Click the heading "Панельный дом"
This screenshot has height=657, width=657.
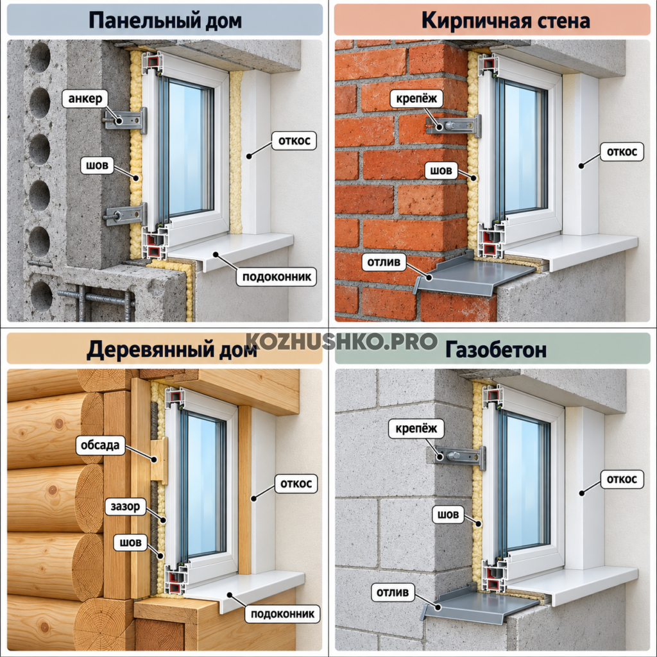pos(165,21)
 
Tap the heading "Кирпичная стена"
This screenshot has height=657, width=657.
pos(506,20)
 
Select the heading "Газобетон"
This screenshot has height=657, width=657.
pos(496,350)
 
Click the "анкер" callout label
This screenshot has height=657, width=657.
pos(85,98)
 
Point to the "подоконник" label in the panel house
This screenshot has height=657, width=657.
pos(277,277)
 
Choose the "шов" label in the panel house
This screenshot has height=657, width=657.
pos(98,165)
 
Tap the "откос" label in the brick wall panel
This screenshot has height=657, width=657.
pos(622,151)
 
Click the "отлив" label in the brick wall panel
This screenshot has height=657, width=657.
pos(384,262)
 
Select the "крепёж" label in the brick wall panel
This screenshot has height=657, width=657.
pos(416,98)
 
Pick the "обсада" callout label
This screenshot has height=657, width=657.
pos(100,445)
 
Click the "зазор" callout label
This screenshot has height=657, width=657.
pos(125,507)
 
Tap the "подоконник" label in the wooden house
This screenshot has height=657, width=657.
pos(282,614)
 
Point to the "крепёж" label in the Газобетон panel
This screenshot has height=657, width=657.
pos(416,429)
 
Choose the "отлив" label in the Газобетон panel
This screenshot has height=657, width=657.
pos(393,592)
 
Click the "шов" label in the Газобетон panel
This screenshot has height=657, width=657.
pos(448,515)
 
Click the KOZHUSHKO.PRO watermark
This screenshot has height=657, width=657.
pos(341,341)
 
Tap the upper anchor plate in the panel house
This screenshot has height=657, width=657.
pos(125,120)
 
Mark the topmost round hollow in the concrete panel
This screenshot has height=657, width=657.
pos(40,57)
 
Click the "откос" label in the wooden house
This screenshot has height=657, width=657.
pos(296,484)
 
